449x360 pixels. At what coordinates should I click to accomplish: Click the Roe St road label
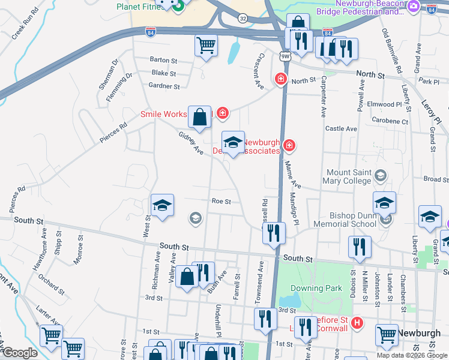221,202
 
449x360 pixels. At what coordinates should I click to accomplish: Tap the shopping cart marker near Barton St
206,45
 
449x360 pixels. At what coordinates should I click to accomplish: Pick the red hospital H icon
358,323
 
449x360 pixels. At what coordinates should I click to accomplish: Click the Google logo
19,352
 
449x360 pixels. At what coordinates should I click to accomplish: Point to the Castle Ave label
341,129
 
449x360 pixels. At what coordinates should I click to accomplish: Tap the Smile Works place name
164,113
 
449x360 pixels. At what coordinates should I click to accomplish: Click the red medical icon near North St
280,79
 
